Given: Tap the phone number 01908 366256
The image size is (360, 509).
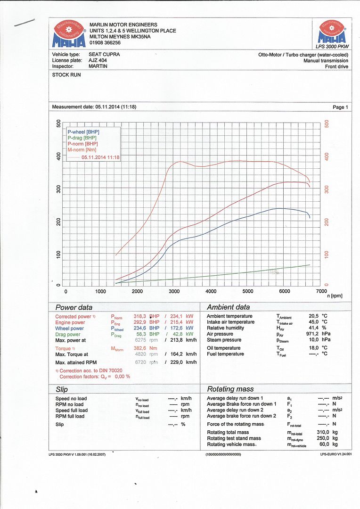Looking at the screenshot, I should pos(105,42).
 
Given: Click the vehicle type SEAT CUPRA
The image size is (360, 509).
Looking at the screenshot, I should pos(104,54).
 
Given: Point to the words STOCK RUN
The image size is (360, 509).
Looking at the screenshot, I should pos(66,75).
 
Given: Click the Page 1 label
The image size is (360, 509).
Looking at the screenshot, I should pos(340,107).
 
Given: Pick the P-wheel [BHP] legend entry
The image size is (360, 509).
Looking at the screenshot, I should pos(83,132).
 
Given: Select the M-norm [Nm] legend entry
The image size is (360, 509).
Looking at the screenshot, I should pos(82,149).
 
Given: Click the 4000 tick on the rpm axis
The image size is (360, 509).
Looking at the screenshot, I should pos(211,291).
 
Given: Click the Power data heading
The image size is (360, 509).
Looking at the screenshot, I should pos(74,307).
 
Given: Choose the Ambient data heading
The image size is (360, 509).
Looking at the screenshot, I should pos(228,307).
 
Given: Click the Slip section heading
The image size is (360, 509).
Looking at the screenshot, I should pos(62,389).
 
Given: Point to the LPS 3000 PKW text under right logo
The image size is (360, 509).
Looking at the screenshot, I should pos(332,46).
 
